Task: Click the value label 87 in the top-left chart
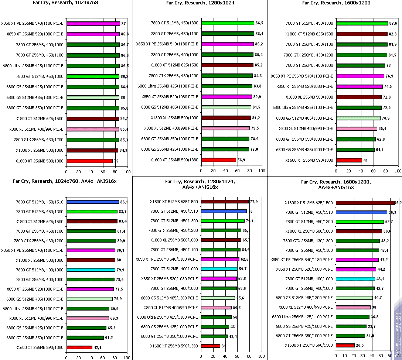(123, 24)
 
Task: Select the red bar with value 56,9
(218, 160)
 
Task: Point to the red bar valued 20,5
(345, 345)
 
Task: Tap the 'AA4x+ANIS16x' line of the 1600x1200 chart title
(335, 187)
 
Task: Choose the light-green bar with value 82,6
(362, 23)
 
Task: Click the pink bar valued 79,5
(225, 128)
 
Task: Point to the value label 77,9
(254, 202)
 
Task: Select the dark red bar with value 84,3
(92, 150)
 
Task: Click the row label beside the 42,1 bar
(40, 347)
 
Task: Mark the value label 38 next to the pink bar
(374, 307)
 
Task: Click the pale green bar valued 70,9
(358, 118)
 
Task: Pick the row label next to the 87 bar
(32, 24)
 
